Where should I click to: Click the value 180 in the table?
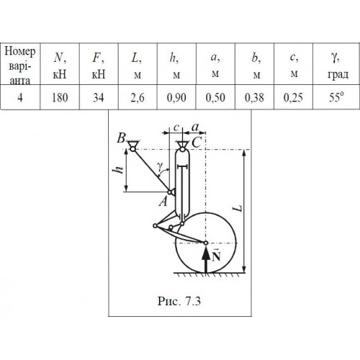[x=60, y=98]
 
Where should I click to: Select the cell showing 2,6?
[x=138, y=98]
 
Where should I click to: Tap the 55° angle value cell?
[x=336, y=97]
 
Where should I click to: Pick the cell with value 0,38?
[x=254, y=98]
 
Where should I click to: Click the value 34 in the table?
[x=99, y=98]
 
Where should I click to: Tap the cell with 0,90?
[x=176, y=98]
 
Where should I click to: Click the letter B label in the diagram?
[x=122, y=138]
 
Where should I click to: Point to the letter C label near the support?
[x=197, y=143]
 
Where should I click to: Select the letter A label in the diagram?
[x=163, y=201]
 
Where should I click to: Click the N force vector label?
[x=216, y=256]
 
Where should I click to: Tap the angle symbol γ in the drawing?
[x=160, y=166]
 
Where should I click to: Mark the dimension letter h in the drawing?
[x=119, y=170]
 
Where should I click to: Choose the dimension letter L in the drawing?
[x=238, y=208]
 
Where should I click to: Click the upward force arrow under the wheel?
[x=206, y=259]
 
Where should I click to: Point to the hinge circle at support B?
[x=132, y=149]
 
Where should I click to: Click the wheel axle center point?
[x=206, y=243]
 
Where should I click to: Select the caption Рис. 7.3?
[x=179, y=301]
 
